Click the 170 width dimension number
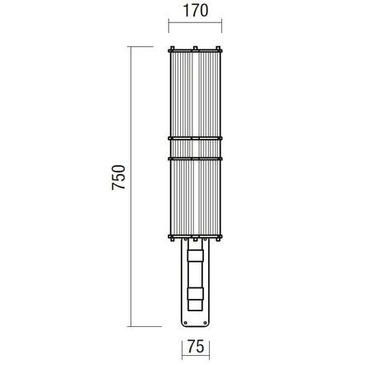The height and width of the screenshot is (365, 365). pyautogui.click(x=196, y=11)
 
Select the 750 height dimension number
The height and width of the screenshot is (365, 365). pyautogui.click(x=119, y=178)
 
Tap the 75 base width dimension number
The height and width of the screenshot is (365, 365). pyautogui.click(x=196, y=346)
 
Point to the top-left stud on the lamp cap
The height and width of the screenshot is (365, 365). pyautogui.click(x=173, y=49)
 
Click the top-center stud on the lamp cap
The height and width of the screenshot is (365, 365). pyautogui.click(x=195, y=49)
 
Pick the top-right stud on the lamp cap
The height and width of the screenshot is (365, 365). pyautogui.click(x=218, y=49)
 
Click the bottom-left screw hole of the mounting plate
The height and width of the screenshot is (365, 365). pyautogui.click(x=186, y=323)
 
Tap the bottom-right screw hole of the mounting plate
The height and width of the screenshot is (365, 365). pyautogui.click(x=205, y=323)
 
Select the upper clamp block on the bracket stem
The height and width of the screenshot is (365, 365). pyautogui.click(x=195, y=256)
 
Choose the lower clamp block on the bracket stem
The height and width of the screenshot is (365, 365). pyautogui.click(x=195, y=294)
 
